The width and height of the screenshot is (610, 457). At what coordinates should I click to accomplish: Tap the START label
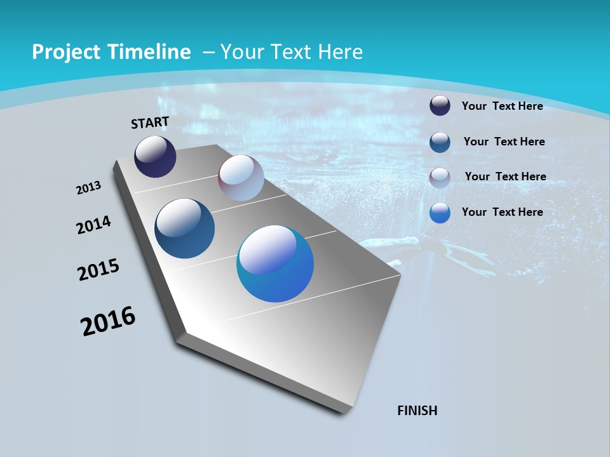pos(150,123)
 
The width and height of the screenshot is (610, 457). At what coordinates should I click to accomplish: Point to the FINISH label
pos(417,411)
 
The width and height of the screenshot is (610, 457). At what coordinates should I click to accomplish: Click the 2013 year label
pos(89,188)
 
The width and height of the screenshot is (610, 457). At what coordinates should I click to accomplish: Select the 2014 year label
pos(94,225)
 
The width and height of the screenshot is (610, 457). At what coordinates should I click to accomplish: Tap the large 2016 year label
pos(108,321)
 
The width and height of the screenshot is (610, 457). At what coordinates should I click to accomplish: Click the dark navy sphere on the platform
pos(155,157)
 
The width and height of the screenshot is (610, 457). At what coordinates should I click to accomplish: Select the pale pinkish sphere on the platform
pos(241,178)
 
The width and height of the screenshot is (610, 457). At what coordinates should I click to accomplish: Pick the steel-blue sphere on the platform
pos(184,228)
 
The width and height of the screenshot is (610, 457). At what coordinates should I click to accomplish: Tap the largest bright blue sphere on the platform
pos(275,263)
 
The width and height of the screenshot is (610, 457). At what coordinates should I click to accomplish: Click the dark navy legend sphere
pos(440,106)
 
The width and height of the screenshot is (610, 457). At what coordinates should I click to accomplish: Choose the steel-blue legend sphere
pos(440,142)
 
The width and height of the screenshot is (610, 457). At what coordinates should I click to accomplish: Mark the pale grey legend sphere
pos(440,177)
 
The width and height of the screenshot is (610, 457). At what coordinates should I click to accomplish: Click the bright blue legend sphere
pos(440,213)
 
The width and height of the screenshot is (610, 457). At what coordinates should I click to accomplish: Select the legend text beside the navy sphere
pos(502,106)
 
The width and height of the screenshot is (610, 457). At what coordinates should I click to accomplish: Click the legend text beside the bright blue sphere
pos(502,212)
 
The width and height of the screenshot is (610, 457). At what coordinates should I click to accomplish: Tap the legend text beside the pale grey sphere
pos(505,176)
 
